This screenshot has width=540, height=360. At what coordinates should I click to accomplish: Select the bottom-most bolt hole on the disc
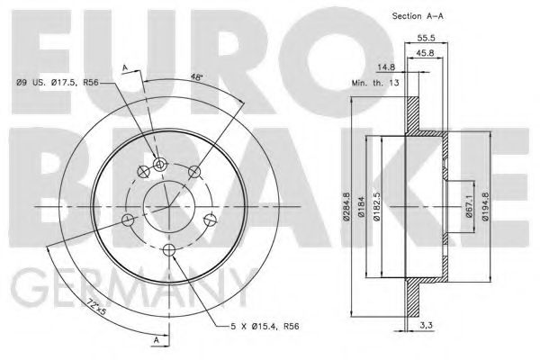click(x=167, y=249)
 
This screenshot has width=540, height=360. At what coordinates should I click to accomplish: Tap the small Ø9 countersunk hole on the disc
click(x=160, y=164)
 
